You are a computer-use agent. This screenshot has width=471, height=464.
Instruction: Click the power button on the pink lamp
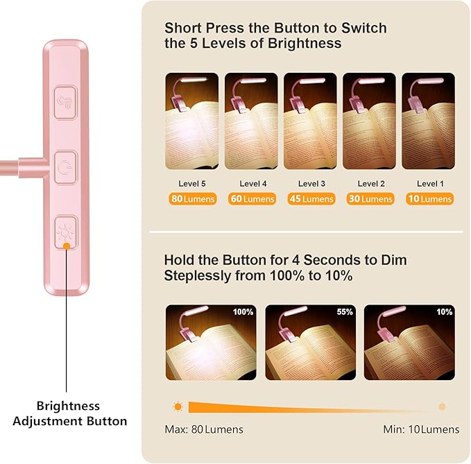(66, 167)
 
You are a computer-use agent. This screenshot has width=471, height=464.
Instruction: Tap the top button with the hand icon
(65, 103)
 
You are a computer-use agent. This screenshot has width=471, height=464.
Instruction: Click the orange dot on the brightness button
(67, 246)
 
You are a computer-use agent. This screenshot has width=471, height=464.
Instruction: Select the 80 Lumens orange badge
(193, 199)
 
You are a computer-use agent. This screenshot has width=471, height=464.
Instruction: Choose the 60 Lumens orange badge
(252, 199)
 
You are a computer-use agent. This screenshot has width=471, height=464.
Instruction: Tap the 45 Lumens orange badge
(311, 199)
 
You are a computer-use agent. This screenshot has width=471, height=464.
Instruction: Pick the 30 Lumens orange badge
(370, 199)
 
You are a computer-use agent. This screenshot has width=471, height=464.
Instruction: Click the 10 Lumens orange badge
(429, 199)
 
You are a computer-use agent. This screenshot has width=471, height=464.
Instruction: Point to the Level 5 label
(192, 184)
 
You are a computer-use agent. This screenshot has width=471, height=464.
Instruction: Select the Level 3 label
(311, 184)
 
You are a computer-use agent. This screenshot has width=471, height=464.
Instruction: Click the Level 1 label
(430, 184)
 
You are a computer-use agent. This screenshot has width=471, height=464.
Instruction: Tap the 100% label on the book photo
(243, 312)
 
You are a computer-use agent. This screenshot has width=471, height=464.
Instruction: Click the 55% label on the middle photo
(345, 312)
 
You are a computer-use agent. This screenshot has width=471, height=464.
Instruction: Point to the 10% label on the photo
(444, 312)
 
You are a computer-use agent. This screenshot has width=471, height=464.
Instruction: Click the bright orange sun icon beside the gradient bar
(178, 407)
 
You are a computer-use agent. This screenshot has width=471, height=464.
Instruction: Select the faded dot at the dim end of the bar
(442, 406)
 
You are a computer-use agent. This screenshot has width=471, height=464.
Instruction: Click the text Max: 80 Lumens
(204, 429)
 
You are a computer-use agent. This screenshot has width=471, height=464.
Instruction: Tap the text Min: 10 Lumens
(421, 429)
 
